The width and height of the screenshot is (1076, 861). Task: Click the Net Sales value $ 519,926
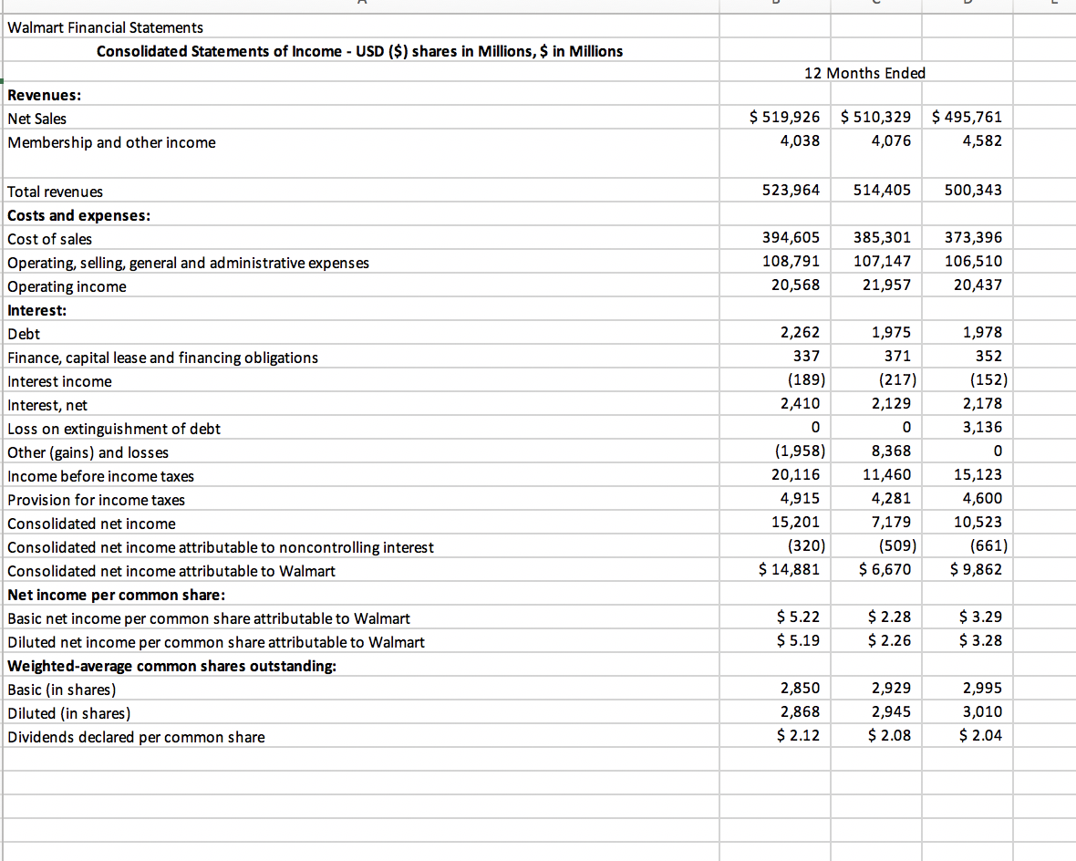click(783, 117)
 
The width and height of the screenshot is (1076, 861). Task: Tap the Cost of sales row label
click(49, 239)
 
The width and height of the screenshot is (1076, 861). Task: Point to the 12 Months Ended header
click(864, 73)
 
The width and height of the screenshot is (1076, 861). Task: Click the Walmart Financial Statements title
click(105, 27)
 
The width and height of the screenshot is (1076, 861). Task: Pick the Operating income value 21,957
click(886, 285)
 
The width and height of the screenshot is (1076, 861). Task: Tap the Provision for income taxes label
click(96, 500)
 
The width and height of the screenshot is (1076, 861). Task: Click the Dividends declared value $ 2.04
click(980, 735)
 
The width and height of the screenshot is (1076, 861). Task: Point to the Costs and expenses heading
click(78, 215)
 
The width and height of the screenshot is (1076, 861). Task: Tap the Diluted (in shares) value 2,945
click(891, 711)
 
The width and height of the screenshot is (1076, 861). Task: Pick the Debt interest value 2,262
click(801, 333)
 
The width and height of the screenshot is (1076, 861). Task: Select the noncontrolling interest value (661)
click(985, 546)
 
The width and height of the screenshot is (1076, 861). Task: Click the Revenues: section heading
click(44, 94)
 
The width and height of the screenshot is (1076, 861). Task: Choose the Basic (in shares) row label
click(62, 690)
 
